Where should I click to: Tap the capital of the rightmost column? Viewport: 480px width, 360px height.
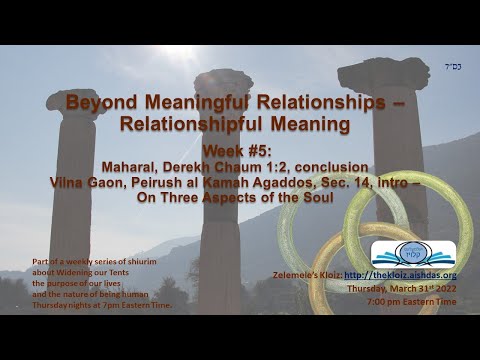384,72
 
